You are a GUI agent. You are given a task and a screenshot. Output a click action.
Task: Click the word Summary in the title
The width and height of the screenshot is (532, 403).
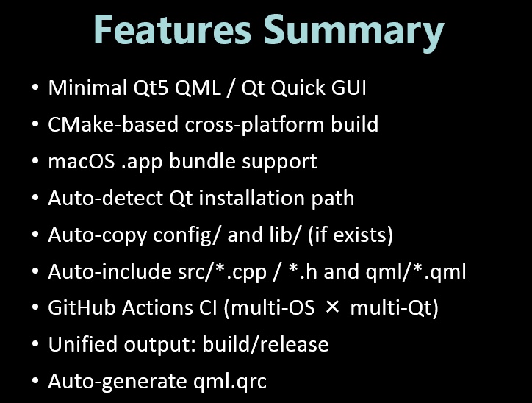point(353,31)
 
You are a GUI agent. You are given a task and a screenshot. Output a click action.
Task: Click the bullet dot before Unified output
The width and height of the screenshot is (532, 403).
point(35,345)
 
